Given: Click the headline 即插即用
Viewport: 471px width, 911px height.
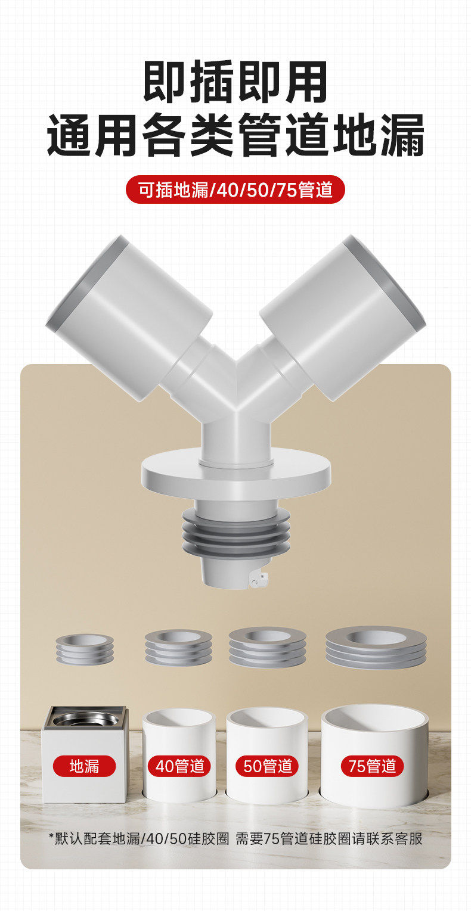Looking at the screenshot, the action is tap(235, 82).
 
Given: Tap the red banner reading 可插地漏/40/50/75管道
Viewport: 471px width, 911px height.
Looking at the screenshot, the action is tap(235, 189).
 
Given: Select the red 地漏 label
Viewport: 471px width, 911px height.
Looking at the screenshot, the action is tap(84, 766).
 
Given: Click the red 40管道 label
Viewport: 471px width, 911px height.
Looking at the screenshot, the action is tap(179, 766).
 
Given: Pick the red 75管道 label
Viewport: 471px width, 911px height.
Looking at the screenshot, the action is tap(372, 766).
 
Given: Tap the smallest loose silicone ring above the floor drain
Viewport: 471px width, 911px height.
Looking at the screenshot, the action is tap(85, 649).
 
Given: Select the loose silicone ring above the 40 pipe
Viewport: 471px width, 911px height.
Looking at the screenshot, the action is tap(178, 648).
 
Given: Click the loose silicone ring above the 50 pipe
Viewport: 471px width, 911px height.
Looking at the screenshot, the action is tap(268, 646).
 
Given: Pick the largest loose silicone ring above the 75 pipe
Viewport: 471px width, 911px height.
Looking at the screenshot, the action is tap(376, 646).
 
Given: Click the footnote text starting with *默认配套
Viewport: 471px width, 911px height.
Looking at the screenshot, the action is tap(235, 838).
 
